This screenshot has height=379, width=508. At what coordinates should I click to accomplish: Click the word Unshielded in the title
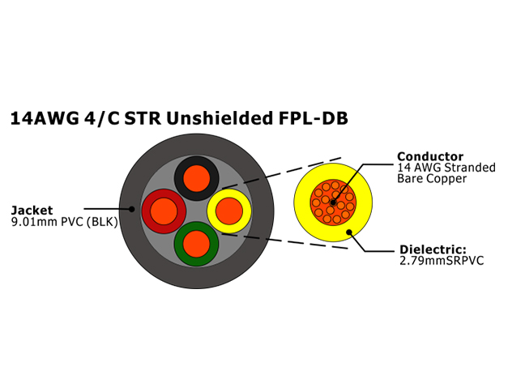pos(220,118)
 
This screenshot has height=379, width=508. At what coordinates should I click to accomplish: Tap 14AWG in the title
pos(45,118)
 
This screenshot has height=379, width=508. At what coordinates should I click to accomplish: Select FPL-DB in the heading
pos(314,118)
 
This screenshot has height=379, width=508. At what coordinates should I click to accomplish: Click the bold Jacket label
pos(32,211)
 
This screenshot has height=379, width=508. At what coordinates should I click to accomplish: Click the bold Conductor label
pos(430,156)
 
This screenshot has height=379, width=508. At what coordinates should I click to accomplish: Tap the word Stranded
pos(470,168)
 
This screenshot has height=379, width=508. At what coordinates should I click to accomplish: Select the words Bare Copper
pos(432,178)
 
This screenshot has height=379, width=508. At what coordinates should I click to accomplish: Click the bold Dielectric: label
pos(433,249)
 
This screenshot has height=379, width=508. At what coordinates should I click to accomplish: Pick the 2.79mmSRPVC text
pos(442,261)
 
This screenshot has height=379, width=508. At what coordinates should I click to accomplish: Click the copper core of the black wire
pos(196,178)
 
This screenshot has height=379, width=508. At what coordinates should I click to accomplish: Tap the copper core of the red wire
pos(164,211)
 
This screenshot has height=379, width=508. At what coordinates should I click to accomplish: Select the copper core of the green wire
pos(196,244)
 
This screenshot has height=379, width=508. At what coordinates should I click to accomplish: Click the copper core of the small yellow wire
pos(229,211)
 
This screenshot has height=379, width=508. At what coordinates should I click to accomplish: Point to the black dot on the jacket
pos(131,209)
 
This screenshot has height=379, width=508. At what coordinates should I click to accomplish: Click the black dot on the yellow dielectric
pos(349,232)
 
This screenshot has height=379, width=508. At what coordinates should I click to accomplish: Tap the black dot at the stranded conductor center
pos(333,202)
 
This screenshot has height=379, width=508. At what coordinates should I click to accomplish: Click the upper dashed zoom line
pos(281,173)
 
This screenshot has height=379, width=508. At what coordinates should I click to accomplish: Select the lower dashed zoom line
pos(284,241)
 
